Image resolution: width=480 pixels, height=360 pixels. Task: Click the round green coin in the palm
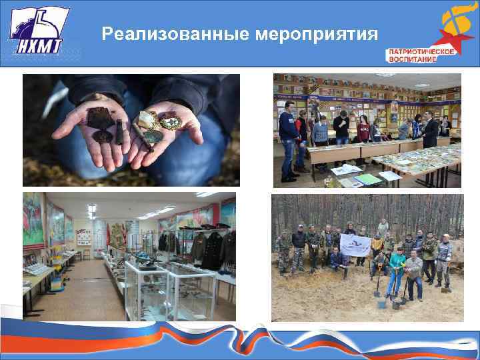coord(153,136)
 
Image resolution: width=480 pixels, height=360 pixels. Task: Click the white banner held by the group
coord(355,245)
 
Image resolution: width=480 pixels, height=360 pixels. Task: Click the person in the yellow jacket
coord(377,245)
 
